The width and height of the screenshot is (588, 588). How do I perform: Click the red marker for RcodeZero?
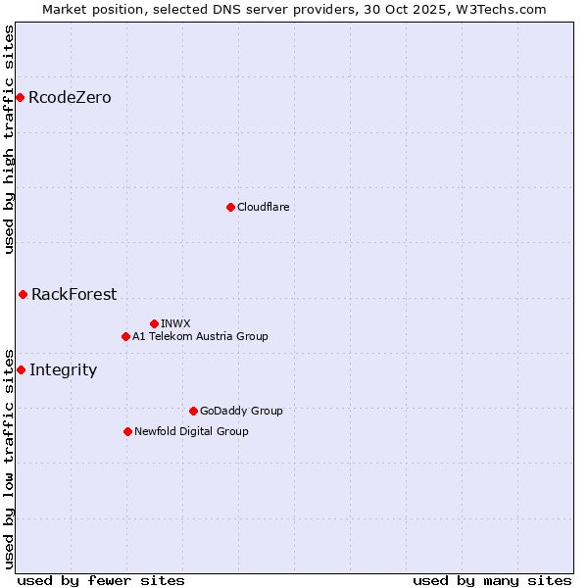[x=20, y=97]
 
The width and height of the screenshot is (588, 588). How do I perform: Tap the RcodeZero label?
[x=70, y=98]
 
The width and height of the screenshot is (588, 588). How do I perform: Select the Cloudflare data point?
[x=230, y=207]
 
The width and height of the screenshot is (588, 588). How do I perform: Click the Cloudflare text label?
[x=263, y=207]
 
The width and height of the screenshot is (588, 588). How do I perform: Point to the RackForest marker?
[x=23, y=294]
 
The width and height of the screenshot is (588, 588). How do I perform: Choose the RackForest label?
[x=73, y=294]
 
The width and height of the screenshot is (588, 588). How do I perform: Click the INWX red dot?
[x=154, y=323]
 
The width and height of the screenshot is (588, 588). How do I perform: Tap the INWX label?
[x=175, y=323]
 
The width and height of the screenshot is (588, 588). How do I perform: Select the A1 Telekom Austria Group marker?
[x=125, y=336]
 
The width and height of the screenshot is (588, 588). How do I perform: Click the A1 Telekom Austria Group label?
[x=200, y=336]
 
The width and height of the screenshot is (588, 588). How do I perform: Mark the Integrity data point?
[x=21, y=369]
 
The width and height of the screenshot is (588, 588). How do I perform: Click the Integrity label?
[x=63, y=369]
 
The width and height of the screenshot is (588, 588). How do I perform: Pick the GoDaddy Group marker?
[x=193, y=411]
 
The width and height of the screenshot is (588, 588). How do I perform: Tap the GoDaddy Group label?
[x=241, y=411]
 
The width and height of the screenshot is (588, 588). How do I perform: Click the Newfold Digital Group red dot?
[x=127, y=431]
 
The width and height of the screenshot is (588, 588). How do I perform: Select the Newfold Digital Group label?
[x=191, y=431]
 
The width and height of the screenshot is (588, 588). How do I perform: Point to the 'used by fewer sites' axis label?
[x=101, y=580]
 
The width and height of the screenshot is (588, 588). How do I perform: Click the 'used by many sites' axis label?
[x=492, y=580]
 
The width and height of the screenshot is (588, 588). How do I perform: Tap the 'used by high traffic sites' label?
[x=9, y=139]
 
